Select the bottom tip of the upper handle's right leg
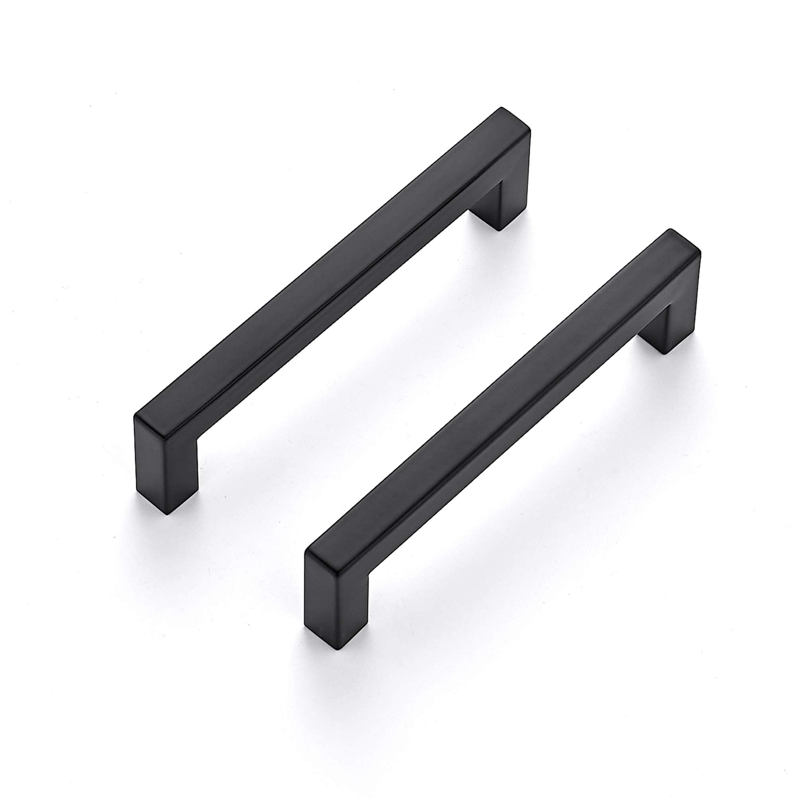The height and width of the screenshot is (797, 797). point(500,230)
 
